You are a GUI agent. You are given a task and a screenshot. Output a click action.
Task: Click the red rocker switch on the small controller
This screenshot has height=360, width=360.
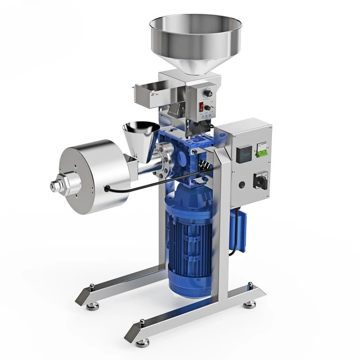tap(202, 108)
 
